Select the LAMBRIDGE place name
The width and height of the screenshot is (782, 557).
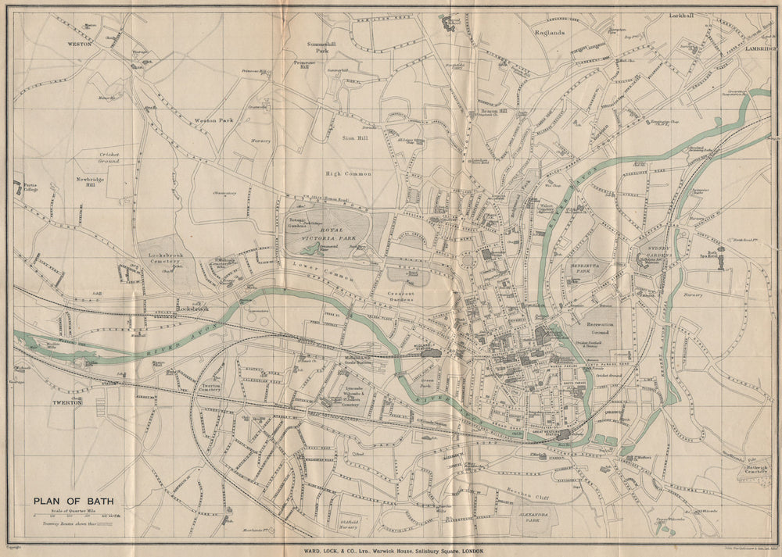(760, 48)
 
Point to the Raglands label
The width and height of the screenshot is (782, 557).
(549, 33)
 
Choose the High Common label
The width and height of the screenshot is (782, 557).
(348, 173)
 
